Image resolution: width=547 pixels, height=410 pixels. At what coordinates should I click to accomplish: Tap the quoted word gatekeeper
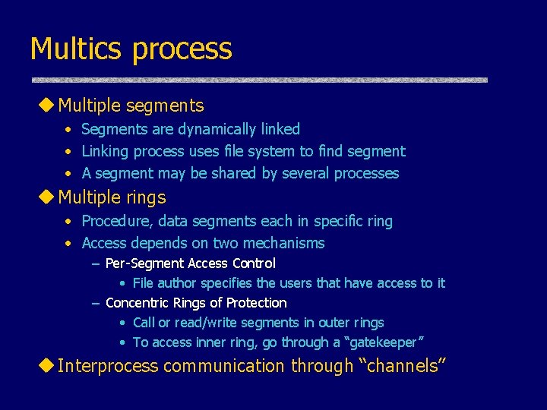(x=382, y=342)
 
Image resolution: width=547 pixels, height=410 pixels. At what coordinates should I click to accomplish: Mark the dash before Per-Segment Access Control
(x=96, y=264)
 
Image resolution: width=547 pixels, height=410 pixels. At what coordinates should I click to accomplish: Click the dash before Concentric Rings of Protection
(x=96, y=304)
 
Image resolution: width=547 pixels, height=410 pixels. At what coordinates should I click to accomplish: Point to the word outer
(x=326, y=323)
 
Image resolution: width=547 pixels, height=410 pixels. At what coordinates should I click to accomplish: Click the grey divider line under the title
(x=259, y=80)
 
